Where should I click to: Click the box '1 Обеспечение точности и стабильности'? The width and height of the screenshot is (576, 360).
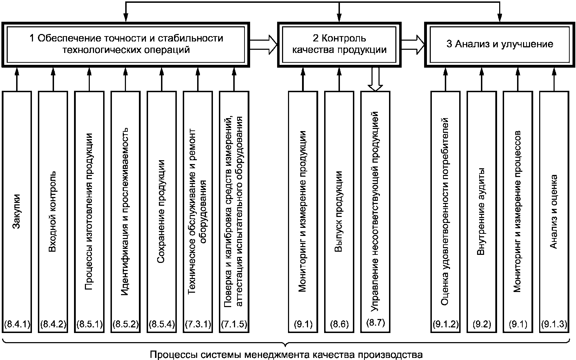(126, 45)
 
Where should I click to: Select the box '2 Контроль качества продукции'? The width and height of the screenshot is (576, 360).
(339, 45)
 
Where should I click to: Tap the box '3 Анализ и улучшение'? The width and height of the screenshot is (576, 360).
(500, 45)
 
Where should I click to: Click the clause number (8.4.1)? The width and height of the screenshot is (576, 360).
(17, 324)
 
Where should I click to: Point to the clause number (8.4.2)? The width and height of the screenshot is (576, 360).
(53, 324)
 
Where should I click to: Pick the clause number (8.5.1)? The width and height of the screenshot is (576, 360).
(89, 324)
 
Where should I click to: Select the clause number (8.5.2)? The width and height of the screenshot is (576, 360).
(126, 324)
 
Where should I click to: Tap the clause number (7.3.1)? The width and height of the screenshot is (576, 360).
(198, 324)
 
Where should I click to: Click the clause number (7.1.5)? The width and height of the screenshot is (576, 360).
(234, 324)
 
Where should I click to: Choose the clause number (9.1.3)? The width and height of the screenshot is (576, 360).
(554, 324)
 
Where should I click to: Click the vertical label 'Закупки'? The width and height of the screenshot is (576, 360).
(16, 211)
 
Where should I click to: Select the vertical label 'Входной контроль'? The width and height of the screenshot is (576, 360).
(52, 211)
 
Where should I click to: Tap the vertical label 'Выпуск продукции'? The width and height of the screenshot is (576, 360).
(339, 211)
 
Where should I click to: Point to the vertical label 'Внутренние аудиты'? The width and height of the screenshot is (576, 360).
(481, 211)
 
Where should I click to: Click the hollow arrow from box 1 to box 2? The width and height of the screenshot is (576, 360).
(264, 45)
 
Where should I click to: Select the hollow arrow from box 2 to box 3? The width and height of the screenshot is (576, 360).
(413, 45)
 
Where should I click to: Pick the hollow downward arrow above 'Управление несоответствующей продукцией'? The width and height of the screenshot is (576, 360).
(375, 79)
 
